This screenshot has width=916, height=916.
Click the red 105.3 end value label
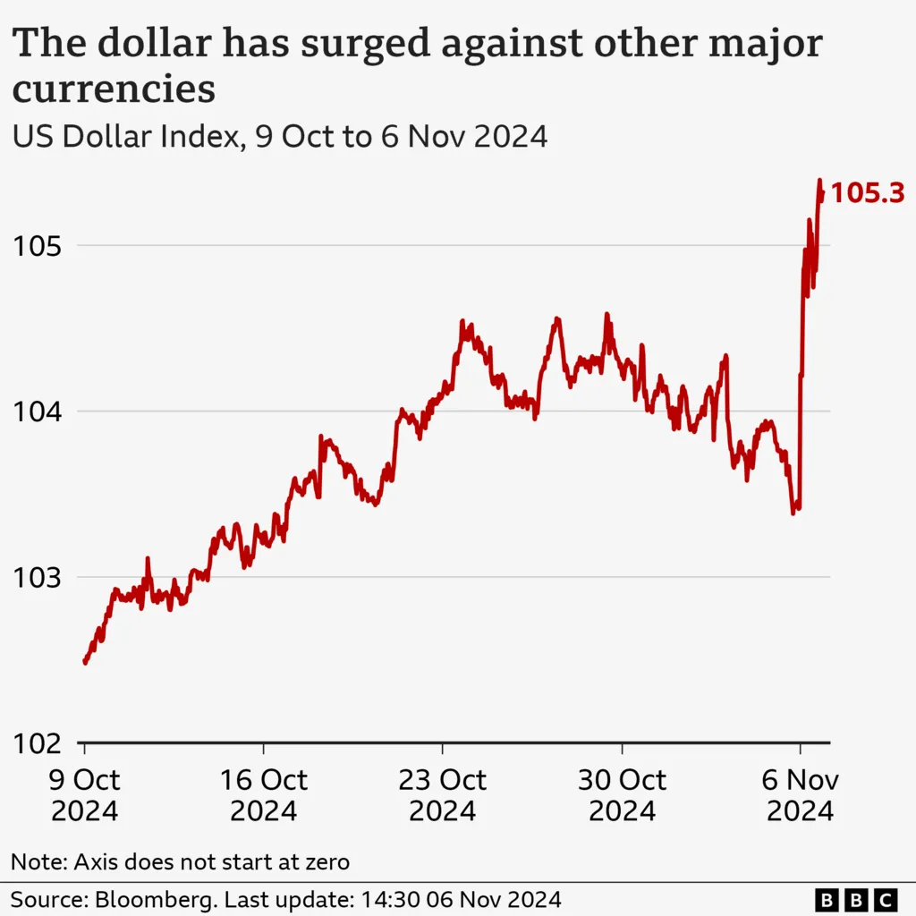(x=868, y=192)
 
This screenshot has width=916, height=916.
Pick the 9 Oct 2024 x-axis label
(x=84, y=795)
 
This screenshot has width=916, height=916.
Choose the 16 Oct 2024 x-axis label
(x=264, y=795)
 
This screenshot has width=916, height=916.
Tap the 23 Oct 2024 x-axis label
(x=443, y=795)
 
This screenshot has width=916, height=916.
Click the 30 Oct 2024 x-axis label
(x=622, y=795)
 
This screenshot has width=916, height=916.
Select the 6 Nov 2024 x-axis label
(x=800, y=795)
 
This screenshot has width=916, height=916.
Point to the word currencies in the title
(x=114, y=89)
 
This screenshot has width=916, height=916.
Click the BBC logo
(x=856, y=898)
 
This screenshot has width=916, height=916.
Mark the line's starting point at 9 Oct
(x=84, y=663)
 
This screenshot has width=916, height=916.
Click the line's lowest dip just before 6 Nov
(x=793, y=513)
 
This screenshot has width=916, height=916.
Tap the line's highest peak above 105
(x=818, y=181)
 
